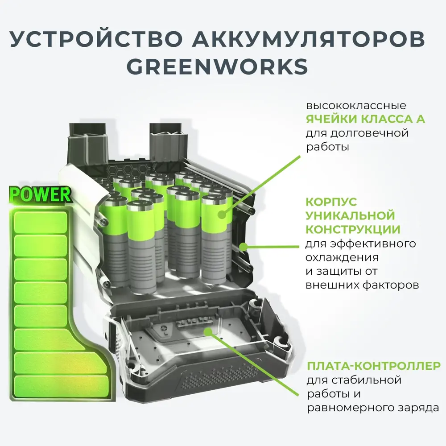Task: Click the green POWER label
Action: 40,195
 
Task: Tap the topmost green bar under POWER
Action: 41,222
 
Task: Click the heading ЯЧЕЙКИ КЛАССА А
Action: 365,120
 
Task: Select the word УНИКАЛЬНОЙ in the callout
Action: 350,216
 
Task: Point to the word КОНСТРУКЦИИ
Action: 352,230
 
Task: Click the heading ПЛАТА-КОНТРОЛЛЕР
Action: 373,367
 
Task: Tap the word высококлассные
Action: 355,106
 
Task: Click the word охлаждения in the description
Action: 342,258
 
